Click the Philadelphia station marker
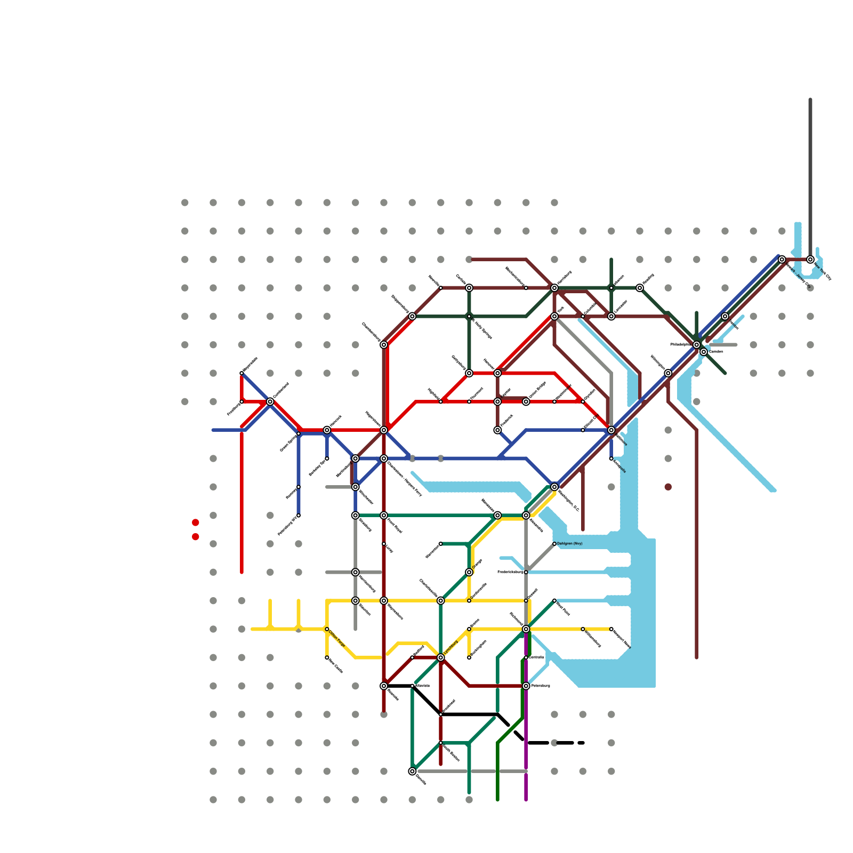[x=696, y=345]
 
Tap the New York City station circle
[x=810, y=260]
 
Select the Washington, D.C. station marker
[x=554, y=487]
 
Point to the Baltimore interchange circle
[x=611, y=430]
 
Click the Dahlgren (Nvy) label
[x=570, y=544]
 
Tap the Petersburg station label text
[x=541, y=686]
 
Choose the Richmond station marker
[x=526, y=629]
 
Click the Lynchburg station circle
[x=441, y=657]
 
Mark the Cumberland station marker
[x=270, y=401]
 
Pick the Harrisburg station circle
[x=554, y=288]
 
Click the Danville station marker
[x=412, y=771]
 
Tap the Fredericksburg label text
[x=510, y=572]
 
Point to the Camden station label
[x=716, y=352]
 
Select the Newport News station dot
[x=611, y=629]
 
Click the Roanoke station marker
[x=384, y=686]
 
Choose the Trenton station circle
[x=725, y=316]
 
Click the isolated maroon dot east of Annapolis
[x=668, y=487]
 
